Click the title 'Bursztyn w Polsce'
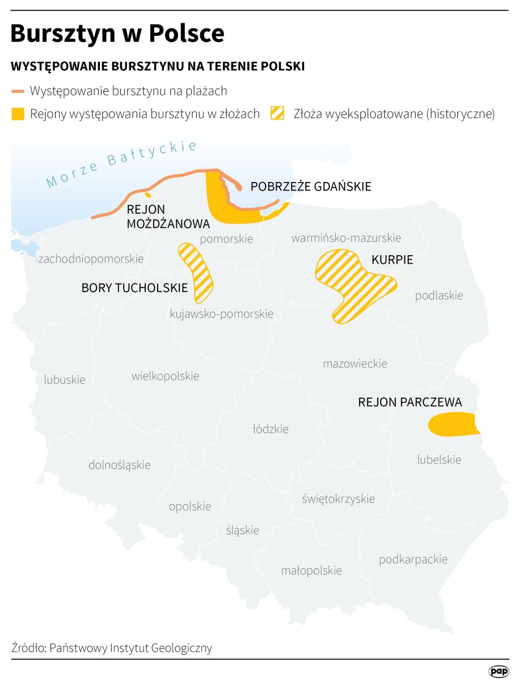[117, 34]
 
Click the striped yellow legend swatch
[278, 114]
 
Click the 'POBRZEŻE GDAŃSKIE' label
[311, 187]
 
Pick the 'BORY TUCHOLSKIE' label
[134, 288]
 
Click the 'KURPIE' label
[392, 260]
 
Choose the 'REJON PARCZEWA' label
[410, 402]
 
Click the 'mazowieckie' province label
[355, 363]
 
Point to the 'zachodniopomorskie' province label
[90, 259]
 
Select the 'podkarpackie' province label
[413, 560]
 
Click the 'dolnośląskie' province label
[120, 465]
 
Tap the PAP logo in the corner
[499, 671]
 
